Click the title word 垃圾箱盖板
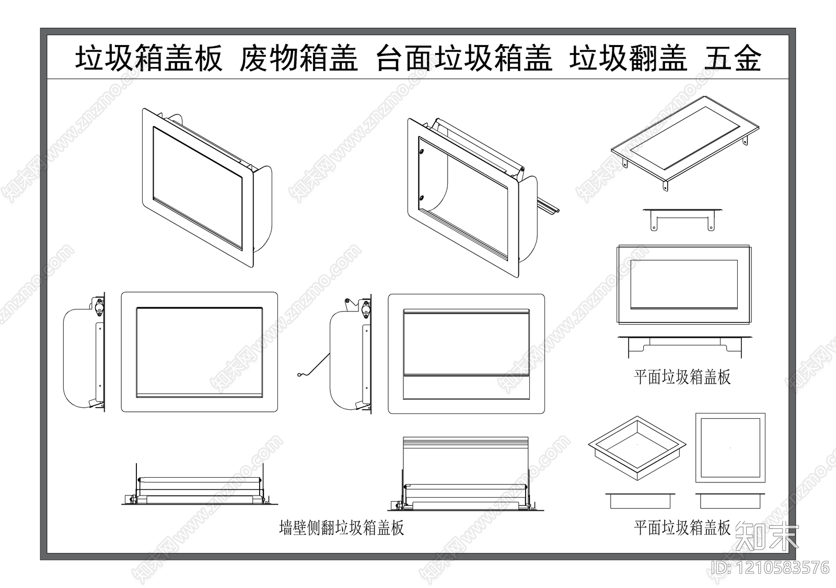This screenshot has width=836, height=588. click(149, 58)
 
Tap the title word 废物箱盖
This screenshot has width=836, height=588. click(298, 58)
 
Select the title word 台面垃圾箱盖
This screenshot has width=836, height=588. click(464, 58)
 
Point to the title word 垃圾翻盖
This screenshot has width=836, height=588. click(628, 58)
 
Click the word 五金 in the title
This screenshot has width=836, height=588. click(733, 58)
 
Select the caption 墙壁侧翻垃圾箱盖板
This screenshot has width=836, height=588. click(342, 527)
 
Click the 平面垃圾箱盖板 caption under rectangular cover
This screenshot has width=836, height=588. click(682, 377)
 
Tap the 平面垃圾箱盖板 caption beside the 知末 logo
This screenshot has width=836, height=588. click(682, 527)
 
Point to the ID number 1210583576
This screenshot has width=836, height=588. click(770, 567)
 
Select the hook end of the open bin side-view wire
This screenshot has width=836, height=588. click(299, 374)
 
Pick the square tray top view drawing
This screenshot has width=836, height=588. click(730, 448)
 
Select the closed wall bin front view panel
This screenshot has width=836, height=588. click(199, 351)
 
